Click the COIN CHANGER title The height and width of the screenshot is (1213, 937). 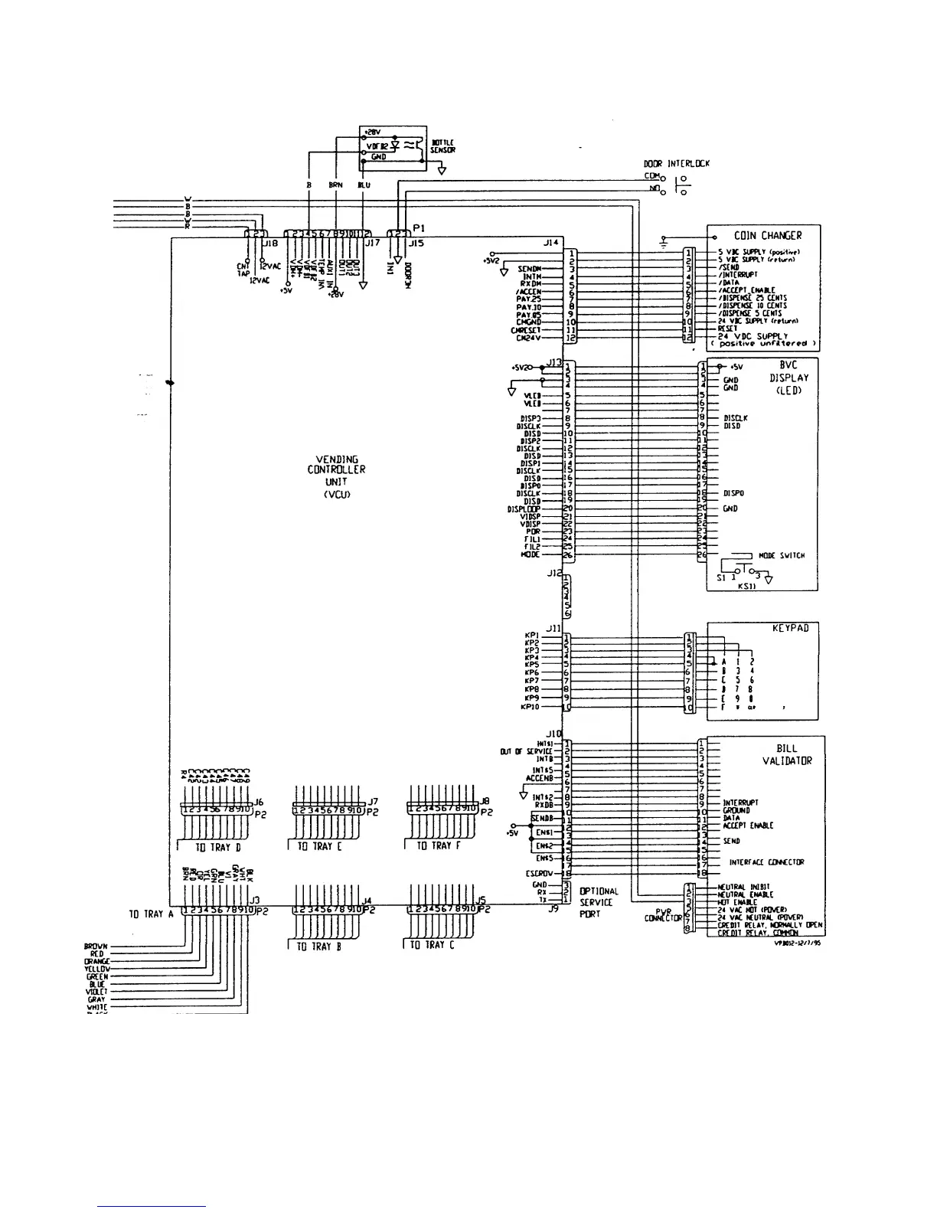tap(768, 236)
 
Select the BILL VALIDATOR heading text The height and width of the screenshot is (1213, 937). tap(786, 755)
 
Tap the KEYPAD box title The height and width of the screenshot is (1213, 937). tap(790, 628)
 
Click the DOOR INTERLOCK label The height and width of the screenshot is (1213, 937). tap(677, 163)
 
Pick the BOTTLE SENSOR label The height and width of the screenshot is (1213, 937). tap(444, 146)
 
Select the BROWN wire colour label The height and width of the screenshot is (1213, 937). tap(96, 947)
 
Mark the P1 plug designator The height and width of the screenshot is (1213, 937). tap(419, 227)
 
